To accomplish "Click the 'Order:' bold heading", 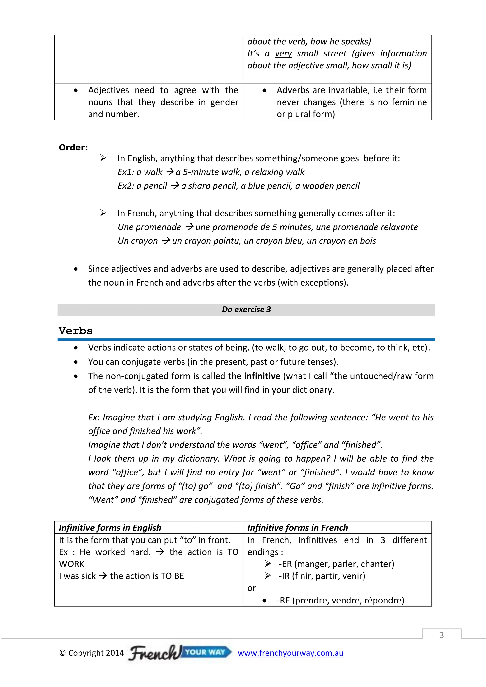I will click(73, 148).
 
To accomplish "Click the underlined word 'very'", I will click(283, 54).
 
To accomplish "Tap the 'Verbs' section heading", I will click(75, 331).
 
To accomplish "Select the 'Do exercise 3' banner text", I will click(246, 310).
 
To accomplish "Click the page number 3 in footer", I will click(441, 635).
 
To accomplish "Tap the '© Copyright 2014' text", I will click(91, 653).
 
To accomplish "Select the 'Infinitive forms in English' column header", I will click(110, 528).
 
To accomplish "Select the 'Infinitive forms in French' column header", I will click(298, 528).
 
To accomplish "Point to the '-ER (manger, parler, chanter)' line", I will click(336, 564).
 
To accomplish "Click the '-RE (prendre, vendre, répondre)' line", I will click(340, 600).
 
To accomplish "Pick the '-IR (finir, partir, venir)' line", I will click(322, 576).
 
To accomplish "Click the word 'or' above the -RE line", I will click(251, 588).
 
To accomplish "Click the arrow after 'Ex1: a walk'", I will click(170, 172).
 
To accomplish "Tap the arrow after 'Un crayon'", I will click(166, 241).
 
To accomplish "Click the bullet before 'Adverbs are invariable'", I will click(264, 90).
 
